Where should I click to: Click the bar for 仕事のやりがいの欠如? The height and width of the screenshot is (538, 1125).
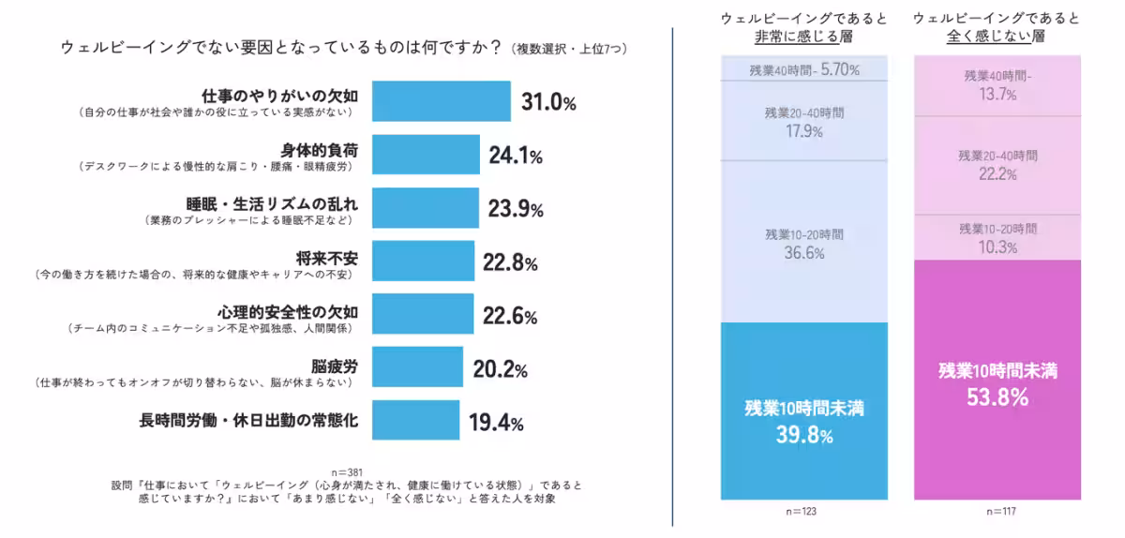point(441,101)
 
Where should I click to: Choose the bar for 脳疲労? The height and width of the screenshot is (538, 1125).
point(417,367)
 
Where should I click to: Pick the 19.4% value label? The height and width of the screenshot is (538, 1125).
point(495,423)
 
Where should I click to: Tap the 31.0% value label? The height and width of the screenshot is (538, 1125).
point(547,102)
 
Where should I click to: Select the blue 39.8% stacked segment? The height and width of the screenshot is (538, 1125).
point(802,411)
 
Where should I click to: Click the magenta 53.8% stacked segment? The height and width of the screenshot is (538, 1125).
point(997,381)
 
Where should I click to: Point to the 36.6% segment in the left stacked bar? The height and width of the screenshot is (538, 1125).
point(802,242)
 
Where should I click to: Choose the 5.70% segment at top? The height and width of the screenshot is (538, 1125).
point(802,69)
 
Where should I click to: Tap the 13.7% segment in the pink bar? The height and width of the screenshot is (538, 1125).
point(997,86)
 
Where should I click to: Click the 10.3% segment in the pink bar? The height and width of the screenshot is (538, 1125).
point(997,238)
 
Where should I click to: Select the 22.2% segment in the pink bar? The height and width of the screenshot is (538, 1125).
point(997,165)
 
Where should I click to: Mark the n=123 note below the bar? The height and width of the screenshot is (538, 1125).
point(802,511)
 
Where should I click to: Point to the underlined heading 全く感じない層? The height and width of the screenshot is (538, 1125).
point(997,37)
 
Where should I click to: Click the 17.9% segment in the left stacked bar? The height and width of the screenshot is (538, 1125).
point(802,121)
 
